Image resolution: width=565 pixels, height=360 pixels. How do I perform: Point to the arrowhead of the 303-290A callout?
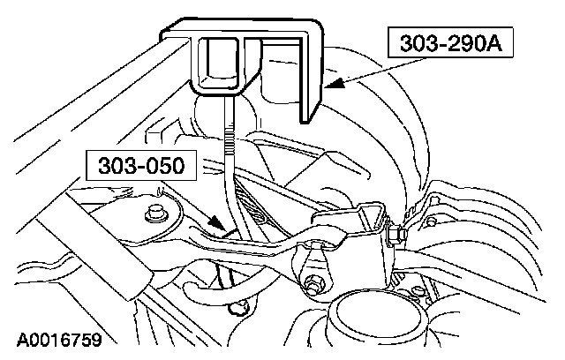click(328, 86)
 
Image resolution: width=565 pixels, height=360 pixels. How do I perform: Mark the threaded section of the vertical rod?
click(230, 150)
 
